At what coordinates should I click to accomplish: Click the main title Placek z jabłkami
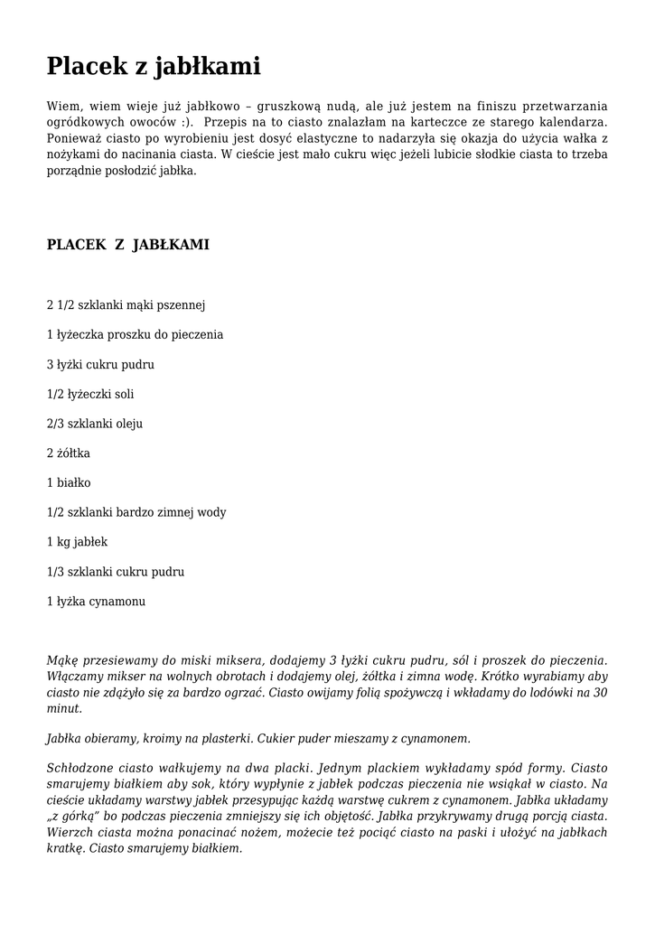point(154,66)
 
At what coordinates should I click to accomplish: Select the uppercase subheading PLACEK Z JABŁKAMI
point(128,245)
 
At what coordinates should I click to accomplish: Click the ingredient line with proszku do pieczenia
point(135,335)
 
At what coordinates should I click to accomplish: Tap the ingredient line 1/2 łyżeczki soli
point(90,394)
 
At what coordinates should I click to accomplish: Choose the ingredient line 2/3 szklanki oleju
point(95,424)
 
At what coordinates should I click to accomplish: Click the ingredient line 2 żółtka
point(69,453)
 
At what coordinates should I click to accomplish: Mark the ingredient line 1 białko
point(69,483)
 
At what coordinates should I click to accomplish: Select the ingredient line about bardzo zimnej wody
point(136,513)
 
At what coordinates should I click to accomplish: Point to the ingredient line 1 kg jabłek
point(77,542)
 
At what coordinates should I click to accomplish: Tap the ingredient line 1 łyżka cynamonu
point(96,602)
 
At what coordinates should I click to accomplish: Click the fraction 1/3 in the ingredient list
point(55,572)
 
